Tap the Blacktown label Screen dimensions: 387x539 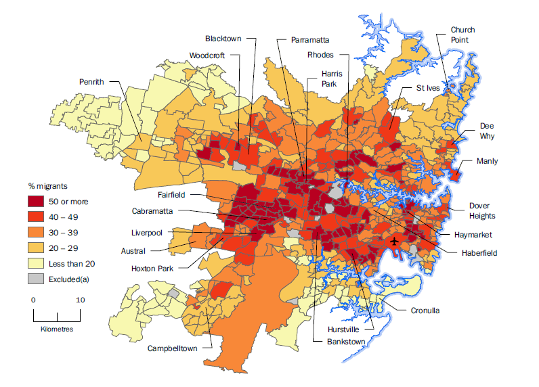(x=223, y=39)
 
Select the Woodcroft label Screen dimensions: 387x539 (x=207, y=55)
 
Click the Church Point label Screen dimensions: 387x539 (x=463, y=35)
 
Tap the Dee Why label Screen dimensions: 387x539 (x=487, y=131)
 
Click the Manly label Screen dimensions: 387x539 (x=487, y=161)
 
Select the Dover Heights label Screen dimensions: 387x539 (x=482, y=210)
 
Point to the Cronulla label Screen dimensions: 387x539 (x=425, y=311)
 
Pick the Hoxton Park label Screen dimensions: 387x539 (x=153, y=268)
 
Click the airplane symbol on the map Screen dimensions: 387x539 (x=395, y=241)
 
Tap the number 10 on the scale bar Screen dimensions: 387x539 (x=80, y=299)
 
